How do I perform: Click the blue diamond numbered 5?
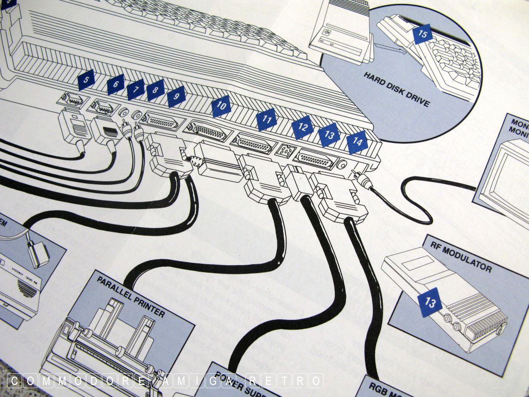pyautogui.click(x=86, y=80)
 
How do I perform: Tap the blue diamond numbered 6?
pyautogui.click(x=115, y=84)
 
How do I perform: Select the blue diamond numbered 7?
pyautogui.click(x=136, y=90)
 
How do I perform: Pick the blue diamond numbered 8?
pyautogui.click(x=155, y=90)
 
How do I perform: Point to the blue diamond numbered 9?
pyautogui.click(x=176, y=97)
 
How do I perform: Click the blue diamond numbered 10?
pyautogui.click(x=221, y=106)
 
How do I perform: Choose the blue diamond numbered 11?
pyautogui.click(x=267, y=120)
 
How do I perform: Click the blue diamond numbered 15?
pyautogui.click(x=423, y=34)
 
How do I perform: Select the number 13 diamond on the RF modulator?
pyautogui.click(x=430, y=302)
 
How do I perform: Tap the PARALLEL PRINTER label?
pyautogui.click(x=130, y=298)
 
